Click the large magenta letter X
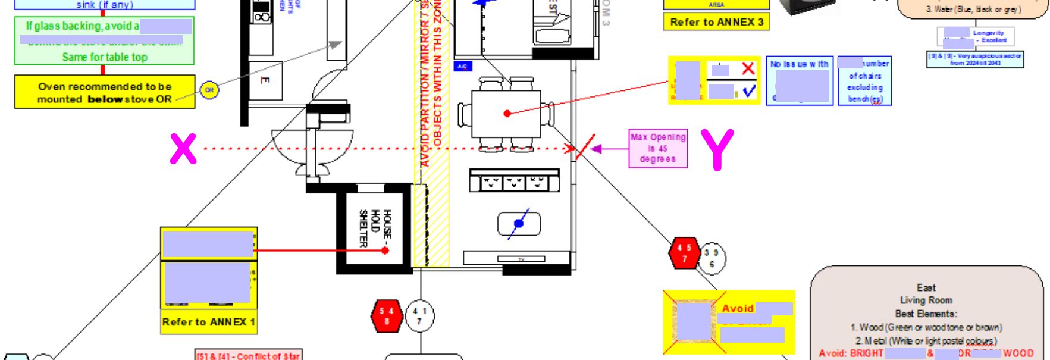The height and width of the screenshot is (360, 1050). click(x=183, y=149)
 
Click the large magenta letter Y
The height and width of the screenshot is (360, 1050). click(x=717, y=149)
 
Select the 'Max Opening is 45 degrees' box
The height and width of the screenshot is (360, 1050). click(x=658, y=148)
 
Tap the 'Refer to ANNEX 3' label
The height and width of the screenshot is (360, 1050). click(x=716, y=22)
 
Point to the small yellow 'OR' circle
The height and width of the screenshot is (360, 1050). click(x=209, y=90)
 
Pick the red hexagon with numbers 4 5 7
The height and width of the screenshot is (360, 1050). click(x=684, y=253)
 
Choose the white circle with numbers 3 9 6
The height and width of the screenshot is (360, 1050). click(x=712, y=258)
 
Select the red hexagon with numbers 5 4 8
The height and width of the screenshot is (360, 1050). click(x=387, y=316)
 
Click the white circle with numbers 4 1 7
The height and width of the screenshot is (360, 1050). click(x=419, y=316)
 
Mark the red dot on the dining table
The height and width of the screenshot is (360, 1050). click(x=507, y=113)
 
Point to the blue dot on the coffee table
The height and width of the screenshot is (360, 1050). click(x=519, y=224)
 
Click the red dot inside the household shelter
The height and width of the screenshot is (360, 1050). click(x=385, y=251)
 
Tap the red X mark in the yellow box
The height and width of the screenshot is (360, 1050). click(x=748, y=68)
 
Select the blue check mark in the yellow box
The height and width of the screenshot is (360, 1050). click(x=749, y=91)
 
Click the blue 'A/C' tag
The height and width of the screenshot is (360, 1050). click(x=462, y=67)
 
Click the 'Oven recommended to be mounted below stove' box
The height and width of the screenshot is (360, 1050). click(x=105, y=92)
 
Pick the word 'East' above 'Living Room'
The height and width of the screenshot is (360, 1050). click(x=926, y=287)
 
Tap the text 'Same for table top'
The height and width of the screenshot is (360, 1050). click(x=105, y=57)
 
